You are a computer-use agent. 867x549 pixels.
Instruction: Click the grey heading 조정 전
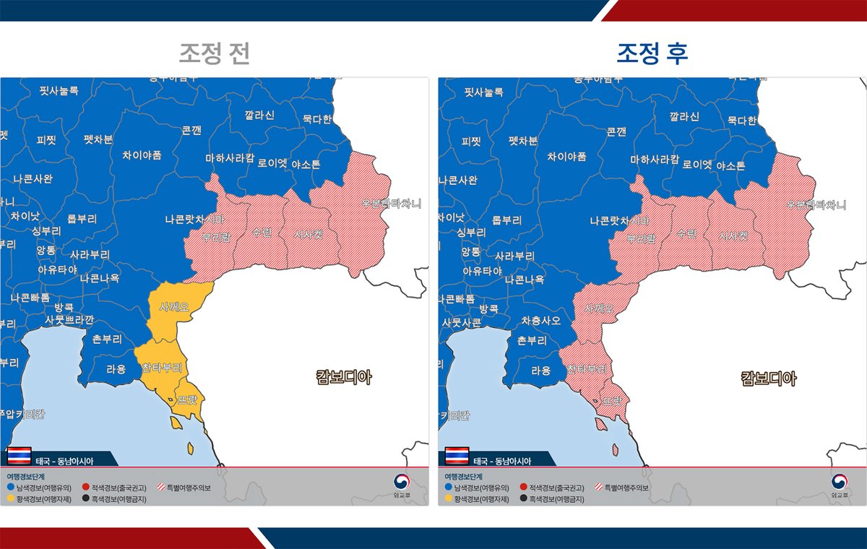click(215, 54)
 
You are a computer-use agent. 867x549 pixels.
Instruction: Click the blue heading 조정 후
click(652, 54)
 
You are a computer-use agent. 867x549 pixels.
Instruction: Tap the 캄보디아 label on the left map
click(344, 376)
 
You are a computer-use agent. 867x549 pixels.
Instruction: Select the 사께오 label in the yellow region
click(174, 307)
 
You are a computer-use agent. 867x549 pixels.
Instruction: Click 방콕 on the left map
click(64, 307)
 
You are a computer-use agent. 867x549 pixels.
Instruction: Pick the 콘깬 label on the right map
click(616, 131)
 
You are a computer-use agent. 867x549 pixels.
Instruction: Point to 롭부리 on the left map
click(82, 218)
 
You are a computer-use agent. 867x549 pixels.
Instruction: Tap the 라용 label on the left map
click(116, 370)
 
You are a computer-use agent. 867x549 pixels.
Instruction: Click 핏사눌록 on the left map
click(59, 91)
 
